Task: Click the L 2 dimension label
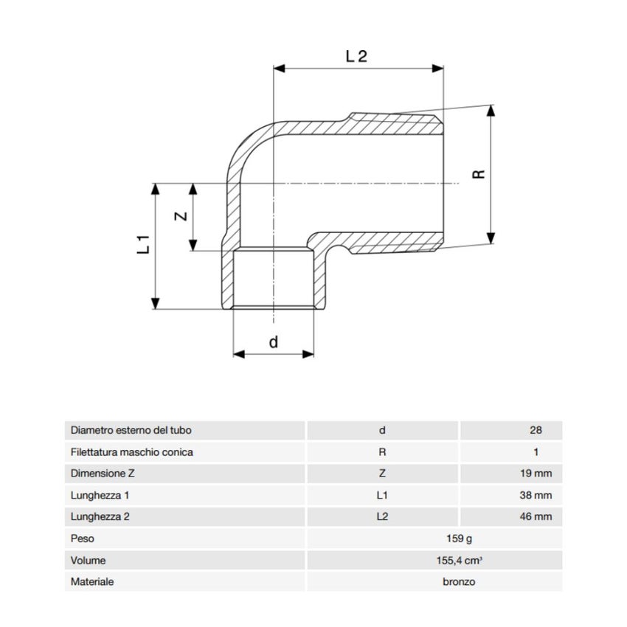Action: (356, 56)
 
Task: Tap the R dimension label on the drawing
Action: (479, 174)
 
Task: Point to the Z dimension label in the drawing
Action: (181, 216)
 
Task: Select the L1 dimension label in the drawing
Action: (144, 244)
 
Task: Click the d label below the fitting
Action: (274, 342)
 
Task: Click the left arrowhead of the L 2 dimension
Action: (279, 69)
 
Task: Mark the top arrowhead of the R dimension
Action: (491, 111)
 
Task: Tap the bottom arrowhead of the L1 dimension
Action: (156, 303)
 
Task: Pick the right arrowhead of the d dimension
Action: (308, 354)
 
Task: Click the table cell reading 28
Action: (536, 430)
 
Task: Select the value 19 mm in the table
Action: (536, 474)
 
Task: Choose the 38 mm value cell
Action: (536, 496)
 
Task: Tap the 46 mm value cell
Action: (536, 516)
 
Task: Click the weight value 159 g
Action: (459, 538)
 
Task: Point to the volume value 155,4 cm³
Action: (459, 560)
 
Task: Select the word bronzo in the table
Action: (459, 582)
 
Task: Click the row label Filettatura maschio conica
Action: (131, 452)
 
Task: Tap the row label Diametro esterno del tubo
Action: (131, 430)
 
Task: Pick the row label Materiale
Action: (92, 582)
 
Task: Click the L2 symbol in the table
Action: (382, 516)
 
